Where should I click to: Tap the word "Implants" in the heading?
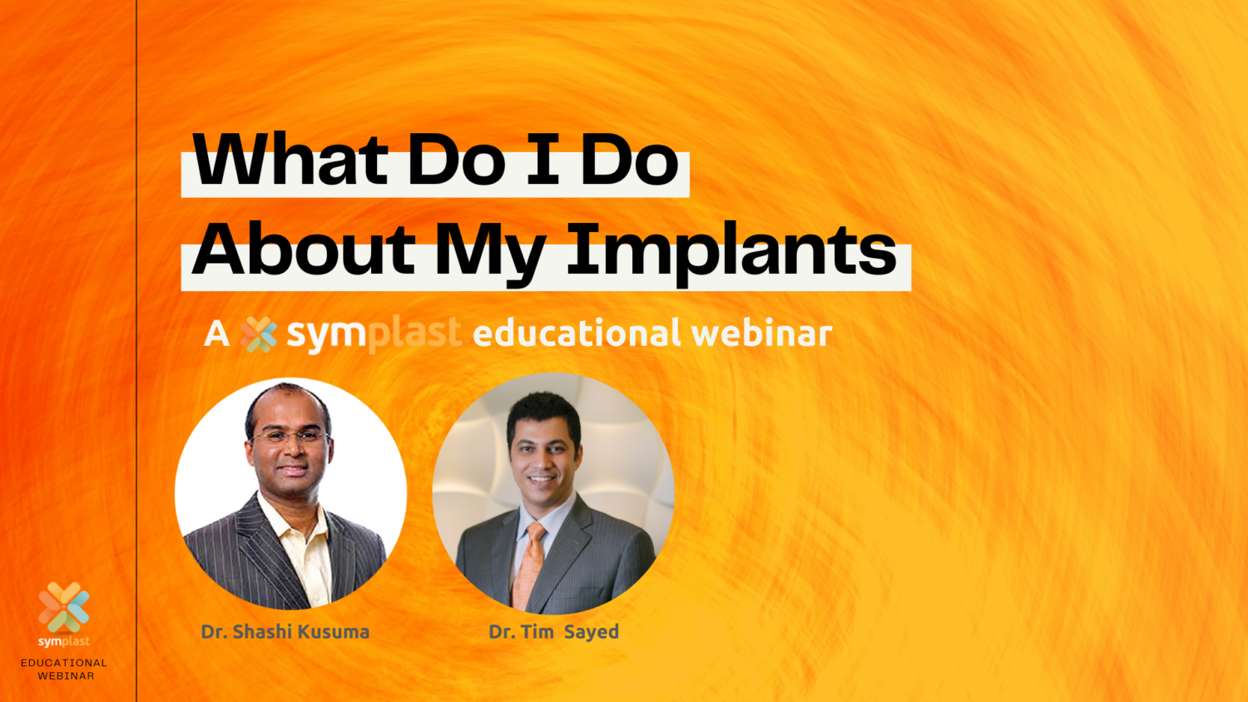click(731, 250)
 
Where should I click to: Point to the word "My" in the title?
click(490, 250)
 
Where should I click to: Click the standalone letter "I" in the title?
click(542, 160)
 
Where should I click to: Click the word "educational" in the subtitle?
click(576, 334)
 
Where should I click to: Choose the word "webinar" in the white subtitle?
click(761, 334)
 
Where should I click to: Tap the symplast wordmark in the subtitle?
click(374, 334)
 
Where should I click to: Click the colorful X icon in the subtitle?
click(258, 334)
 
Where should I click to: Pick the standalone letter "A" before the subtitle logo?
click(216, 334)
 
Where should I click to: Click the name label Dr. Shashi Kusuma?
click(285, 632)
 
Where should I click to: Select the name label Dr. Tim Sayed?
click(553, 632)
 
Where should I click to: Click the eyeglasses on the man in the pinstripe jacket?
click(290, 436)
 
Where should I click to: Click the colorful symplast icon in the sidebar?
click(64, 607)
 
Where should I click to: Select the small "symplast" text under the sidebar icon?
click(64, 641)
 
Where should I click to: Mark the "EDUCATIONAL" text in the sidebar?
click(64, 663)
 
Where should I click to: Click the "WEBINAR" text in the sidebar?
click(66, 676)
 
